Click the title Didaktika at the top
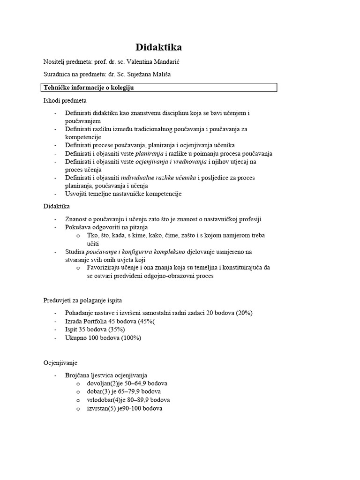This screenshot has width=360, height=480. point(158,47)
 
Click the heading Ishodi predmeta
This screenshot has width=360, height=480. point(65,100)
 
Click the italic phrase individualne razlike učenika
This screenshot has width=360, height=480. point(159,178)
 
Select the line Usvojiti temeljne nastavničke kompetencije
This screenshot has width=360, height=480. point(123,194)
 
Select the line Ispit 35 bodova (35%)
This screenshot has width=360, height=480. point(95,330)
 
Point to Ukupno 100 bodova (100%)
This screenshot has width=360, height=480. point(103,337)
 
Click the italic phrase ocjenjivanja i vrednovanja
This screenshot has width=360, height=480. point(171,162)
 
